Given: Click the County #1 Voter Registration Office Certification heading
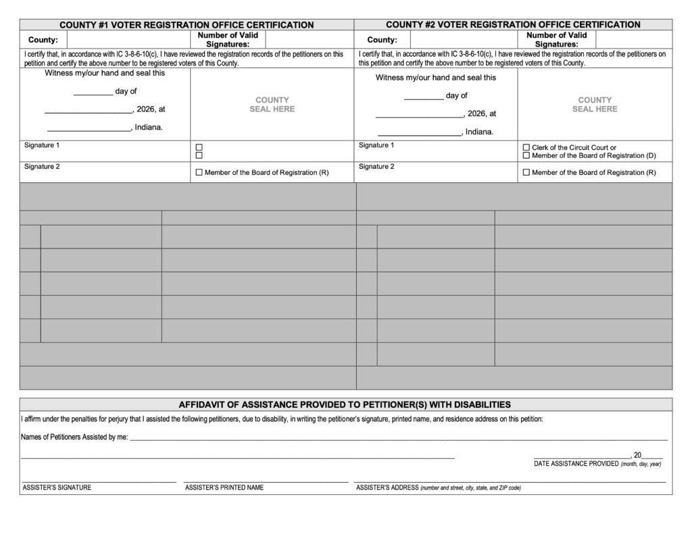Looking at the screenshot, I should click(x=187, y=25).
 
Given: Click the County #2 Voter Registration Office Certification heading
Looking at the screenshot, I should click(x=513, y=25).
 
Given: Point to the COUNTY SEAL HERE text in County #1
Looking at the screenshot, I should click(x=272, y=105).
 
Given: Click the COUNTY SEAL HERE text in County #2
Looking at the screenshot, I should click(x=595, y=105).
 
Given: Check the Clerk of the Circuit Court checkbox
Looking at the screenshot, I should click(x=526, y=147).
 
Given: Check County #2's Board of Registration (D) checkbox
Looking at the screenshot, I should click(x=526, y=156).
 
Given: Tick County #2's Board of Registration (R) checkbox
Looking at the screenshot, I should click(x=526, y=173).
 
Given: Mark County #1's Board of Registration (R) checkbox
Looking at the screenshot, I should click(x=199, y=173).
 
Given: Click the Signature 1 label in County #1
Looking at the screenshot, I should click(x=42, y=146).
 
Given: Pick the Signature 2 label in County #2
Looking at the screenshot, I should click(x=376, y=167).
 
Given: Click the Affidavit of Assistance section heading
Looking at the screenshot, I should click(x=345, y=405).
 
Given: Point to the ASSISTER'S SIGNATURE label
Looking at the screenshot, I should click(x=57, y=487).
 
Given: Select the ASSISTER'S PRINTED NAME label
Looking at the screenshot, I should click(x=224, y=487).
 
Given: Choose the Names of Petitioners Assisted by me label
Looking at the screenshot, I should click(x=75, y=437).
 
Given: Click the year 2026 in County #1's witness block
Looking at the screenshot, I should click(x=146, y=109).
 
